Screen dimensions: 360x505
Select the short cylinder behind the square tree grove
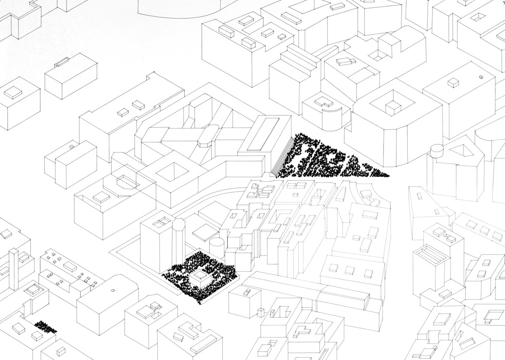(217, 246)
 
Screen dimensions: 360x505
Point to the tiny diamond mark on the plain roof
(112, 290)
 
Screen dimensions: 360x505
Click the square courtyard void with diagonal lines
(171, 172)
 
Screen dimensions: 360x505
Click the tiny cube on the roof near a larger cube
(480, 77)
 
